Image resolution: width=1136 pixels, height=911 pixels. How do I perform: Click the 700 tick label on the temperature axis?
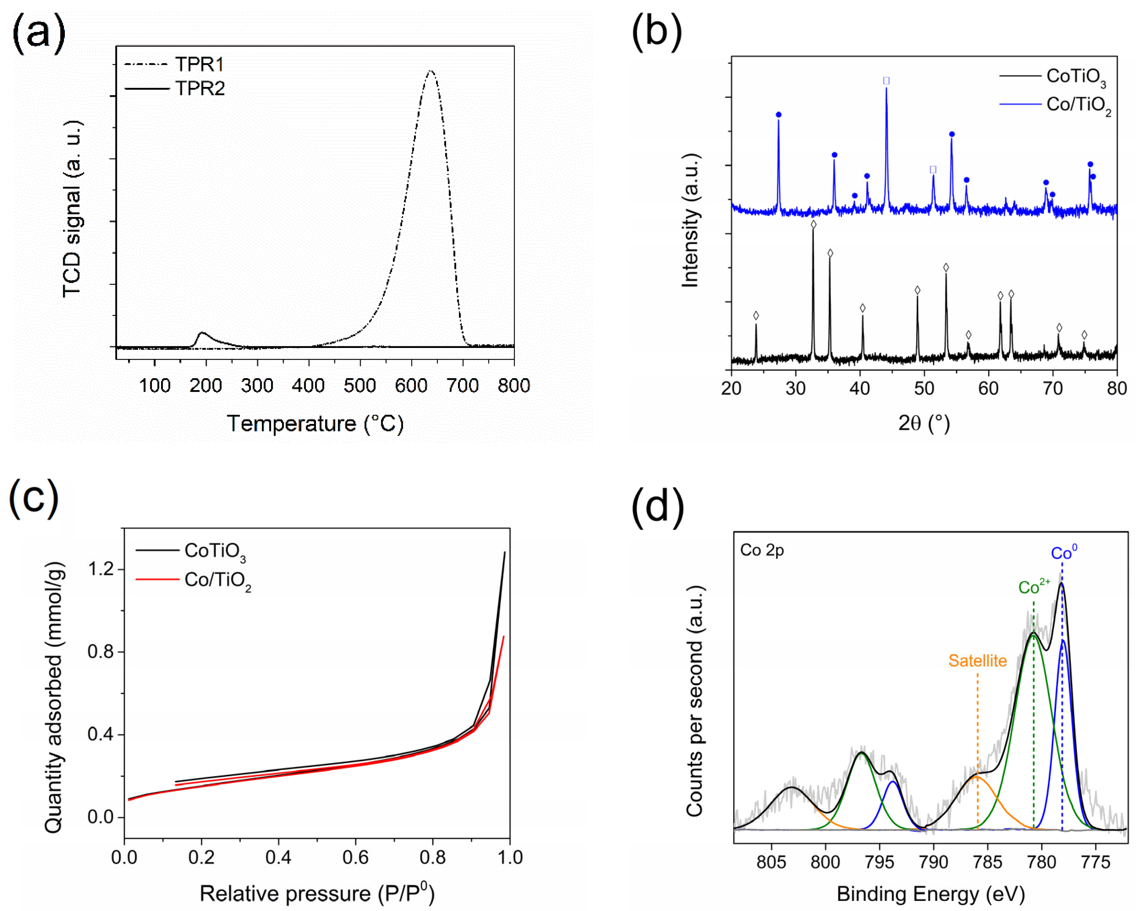point(462,386)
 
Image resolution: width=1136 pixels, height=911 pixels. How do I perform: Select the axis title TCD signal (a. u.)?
point(72,209)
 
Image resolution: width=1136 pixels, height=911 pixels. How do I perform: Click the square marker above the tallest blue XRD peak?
point(886,81)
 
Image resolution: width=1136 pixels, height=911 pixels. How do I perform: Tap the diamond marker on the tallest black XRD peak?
point(814,225)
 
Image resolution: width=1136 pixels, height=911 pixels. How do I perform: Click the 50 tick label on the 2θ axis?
point(924,388)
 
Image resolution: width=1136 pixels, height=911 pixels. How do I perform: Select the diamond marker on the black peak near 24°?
point(756,316)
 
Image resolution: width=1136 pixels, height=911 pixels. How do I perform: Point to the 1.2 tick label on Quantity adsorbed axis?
point(101,569)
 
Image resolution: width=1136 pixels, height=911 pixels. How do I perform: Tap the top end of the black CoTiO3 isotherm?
point(505,552)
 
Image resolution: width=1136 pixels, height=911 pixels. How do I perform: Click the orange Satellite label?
point(977,661)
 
